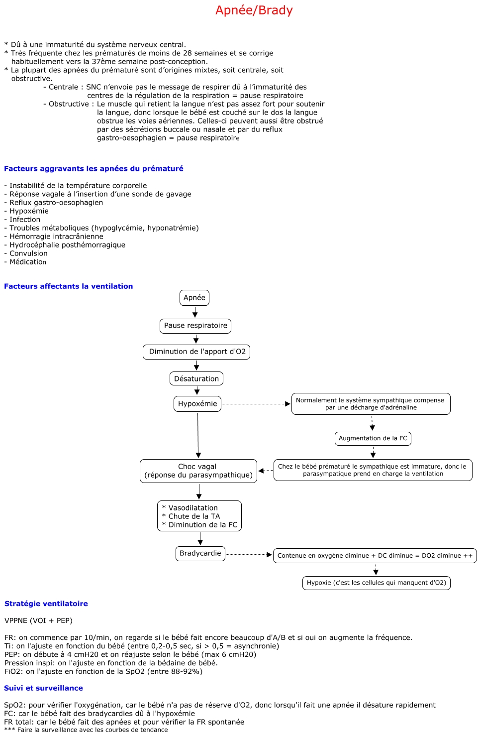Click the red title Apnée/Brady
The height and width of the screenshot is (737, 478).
click(254, 10)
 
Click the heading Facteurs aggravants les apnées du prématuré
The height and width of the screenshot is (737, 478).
click(94, 168)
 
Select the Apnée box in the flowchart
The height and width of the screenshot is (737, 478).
click(194, 298)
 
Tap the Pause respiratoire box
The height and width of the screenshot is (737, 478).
click(195, 326)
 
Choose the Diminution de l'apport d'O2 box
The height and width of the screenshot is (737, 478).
click(196, 352)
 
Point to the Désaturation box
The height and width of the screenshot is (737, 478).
click(196, 378)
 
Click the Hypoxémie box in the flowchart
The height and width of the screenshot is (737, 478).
click(197, 404)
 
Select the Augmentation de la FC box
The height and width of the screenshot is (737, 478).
click(373, 438)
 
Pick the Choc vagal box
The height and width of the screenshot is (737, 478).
click(198, 471)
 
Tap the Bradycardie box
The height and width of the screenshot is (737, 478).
click(200, 553)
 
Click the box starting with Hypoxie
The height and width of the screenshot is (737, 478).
click(377, 583)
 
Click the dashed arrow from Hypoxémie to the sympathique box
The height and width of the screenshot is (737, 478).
click(256, 404)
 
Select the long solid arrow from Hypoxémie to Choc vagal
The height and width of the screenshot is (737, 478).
click(198, 435)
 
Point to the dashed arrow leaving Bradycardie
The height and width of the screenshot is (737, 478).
click(249, 555)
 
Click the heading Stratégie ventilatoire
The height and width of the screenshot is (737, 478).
click(46, 604)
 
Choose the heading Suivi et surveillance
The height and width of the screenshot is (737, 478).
click(43, 688)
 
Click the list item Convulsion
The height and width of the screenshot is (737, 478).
click(26, 253)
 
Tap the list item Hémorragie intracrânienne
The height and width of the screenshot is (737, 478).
click(54, 236)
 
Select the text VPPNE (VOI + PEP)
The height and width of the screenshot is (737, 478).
click(38, 620)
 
